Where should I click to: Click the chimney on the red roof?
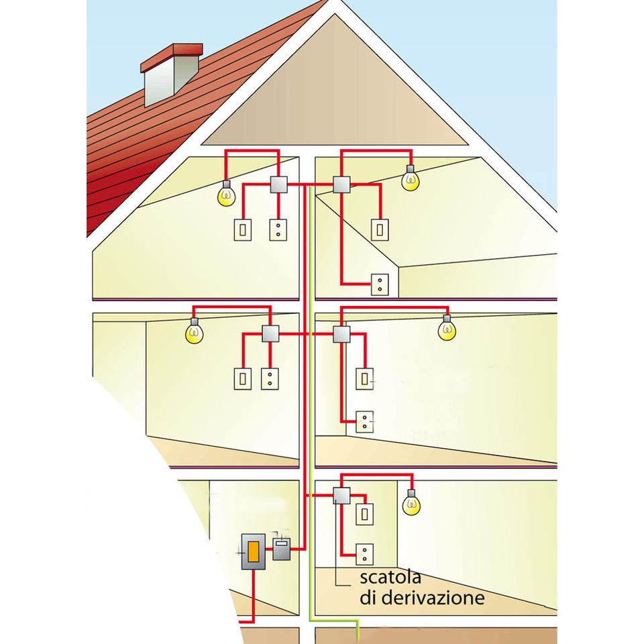coord(171,75)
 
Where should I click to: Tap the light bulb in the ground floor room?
coord(412,504)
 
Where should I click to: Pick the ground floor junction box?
coord(341,496)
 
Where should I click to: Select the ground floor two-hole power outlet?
coord(364,553)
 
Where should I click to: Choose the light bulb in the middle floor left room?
coord(194,333)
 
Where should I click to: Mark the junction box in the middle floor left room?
coord(270,333)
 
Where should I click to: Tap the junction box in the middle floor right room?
coord(341,333)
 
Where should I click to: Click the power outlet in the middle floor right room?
coord(364,421)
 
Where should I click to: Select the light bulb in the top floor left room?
coord(227,195)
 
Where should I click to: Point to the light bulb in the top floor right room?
coord(409,180)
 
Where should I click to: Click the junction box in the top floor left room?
coord(279,184)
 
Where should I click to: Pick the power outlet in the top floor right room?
coord(380,284)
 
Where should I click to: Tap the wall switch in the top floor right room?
coord(380,230)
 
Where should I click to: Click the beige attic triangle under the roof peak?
coord(335,101)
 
